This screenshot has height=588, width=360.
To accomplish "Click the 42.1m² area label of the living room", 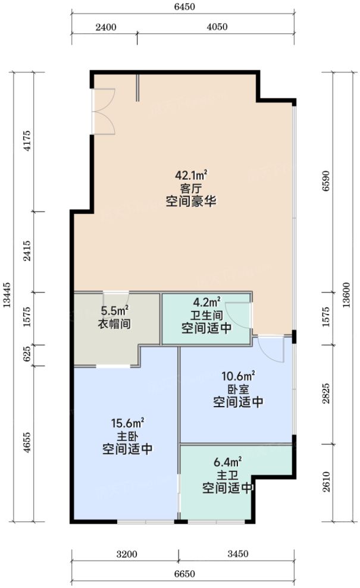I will pyautogui.click(x=190, y=175).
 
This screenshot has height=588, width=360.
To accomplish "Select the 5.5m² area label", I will pyautogui.click(x=114, y=311).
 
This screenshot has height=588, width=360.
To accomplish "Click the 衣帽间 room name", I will pyautogui.click(x=114, y=324).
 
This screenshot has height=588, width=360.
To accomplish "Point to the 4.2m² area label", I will pyautogui.click(x=206, y=302).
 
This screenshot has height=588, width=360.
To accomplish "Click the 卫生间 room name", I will pyautogui.click(x=206, y=315).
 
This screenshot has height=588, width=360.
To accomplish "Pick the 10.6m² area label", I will pyautogui.click(x=238, y=376).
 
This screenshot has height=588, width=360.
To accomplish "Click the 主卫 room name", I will pyautogui.click(x=228, y=475).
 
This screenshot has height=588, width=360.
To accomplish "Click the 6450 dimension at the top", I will pyautogui.click(x=184, y=7).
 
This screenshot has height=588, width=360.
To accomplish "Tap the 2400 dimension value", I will pyautogui.click(x=105, y=27).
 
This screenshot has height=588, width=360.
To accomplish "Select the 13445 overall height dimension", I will pyautogui.click(x=7, y=295).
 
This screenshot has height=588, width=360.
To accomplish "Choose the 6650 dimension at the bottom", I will pyautogui.click(x=184, y=574).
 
